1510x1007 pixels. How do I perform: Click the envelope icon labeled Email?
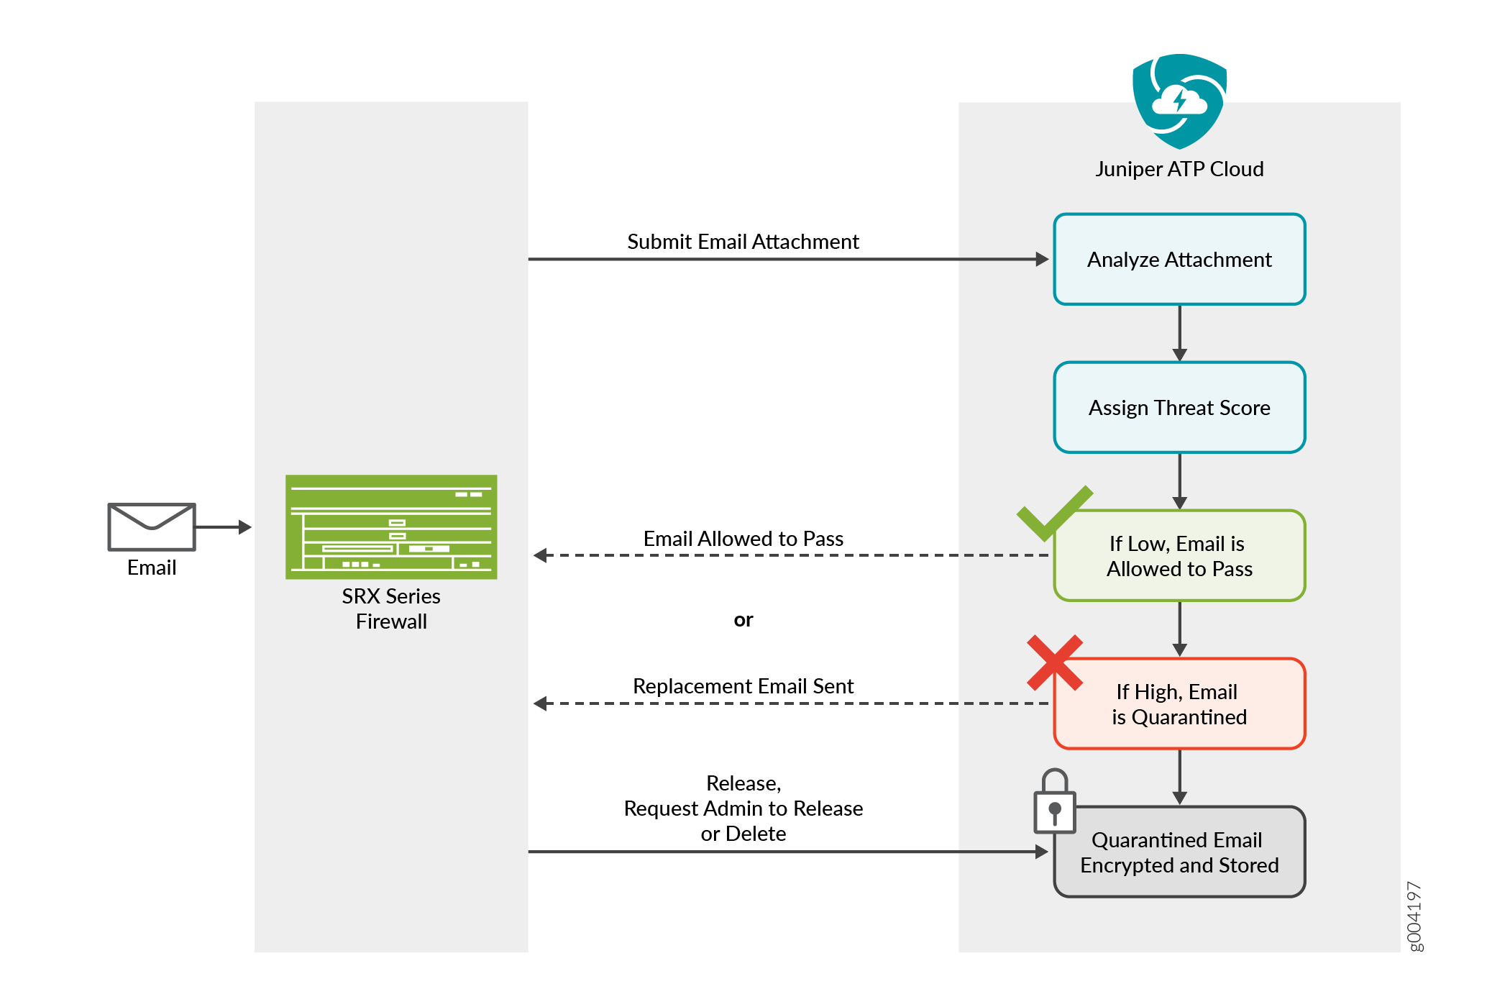click(x=152, y=527)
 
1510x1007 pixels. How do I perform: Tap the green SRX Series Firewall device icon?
click(x=391, y=527)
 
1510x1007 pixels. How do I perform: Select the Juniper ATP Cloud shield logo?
click(x=1179, y=101)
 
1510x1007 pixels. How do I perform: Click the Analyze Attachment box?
click(x=1179, y=259)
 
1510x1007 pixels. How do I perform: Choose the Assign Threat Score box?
click(x=1179, y=407)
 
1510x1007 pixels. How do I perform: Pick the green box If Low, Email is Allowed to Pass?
click(x=1179, y=556)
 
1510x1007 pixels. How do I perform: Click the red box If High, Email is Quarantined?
click(x=1179, y=704)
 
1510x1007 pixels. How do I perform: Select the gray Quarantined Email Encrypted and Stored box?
click(x=1179, y=852)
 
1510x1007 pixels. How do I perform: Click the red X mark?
click(x=1055, y=662)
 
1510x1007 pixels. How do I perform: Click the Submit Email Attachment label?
click(x=743, y=242)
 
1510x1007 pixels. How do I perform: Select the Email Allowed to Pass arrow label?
click(x=743, y=539)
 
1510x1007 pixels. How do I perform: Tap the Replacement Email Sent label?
click(x=743, y=686)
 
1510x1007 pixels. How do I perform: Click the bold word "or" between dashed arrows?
click(x=743, y=620)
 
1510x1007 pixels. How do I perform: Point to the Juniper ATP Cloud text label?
click(x=1179, y=169)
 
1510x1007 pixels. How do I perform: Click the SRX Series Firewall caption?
click(x=391, y=609)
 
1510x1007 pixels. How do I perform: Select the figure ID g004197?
click(x=1414, y=916)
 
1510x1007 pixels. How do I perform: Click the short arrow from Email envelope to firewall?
click(x=223, y=527)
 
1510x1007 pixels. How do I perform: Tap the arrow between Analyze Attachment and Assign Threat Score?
click(x=1179, y=333)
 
